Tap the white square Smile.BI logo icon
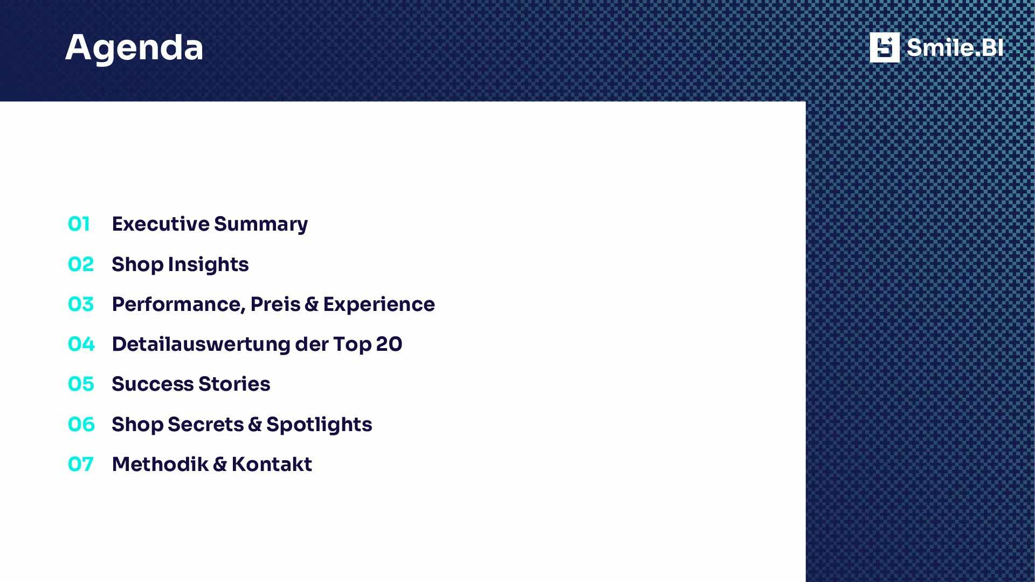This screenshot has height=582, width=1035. (885, 47)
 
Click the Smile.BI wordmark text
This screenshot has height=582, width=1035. (955, 47)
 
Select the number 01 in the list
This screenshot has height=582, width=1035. (79, 224)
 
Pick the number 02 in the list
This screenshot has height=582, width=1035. (81, 264)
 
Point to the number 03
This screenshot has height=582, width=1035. (81, 304)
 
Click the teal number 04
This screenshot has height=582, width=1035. (81, 344)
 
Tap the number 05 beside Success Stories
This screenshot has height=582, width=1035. (81, 384)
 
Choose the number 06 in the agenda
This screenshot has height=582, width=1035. (81, 424)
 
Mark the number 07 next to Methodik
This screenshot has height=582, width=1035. (81, 464)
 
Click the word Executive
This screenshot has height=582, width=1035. (161, 224)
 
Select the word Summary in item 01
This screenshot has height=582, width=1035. (261, 225)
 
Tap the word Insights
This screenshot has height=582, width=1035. (208, 265)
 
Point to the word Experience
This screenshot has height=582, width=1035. (379, 306)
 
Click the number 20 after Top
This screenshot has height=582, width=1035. (389, 344)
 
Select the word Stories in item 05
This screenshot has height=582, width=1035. (234, 384)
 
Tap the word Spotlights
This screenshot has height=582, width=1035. (319, 425)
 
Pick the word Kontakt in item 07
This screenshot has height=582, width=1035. (272, 464)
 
